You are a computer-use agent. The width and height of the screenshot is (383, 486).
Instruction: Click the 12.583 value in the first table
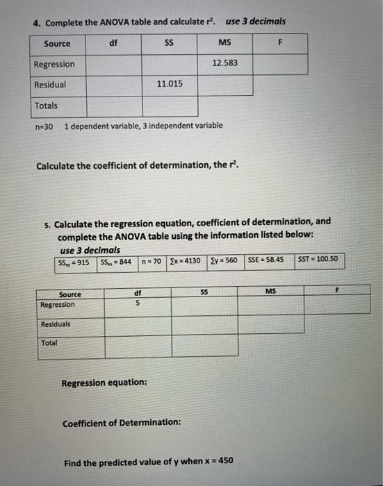[x=225, y=63]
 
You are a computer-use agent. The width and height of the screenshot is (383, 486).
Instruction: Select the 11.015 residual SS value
[x=170, y=83]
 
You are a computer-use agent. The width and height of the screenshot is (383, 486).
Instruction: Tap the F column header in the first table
[x=280, y=43]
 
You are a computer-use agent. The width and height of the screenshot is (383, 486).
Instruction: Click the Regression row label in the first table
[x=54, y=64]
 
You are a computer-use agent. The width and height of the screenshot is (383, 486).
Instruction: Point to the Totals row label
[x=47, y=106]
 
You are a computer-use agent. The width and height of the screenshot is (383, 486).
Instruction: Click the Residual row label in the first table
[x=50, y=84]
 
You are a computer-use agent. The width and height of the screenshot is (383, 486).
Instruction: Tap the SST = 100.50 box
[x=316, y=260]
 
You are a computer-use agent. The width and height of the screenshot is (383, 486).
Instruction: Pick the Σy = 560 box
[x=223, y=261]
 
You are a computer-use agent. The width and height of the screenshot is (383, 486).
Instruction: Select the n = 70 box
[x=150, y=261]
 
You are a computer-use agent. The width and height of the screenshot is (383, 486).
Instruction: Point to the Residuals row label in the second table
[x=56, y=324]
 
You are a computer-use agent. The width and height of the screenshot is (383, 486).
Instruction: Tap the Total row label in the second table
[x=50, y=343]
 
